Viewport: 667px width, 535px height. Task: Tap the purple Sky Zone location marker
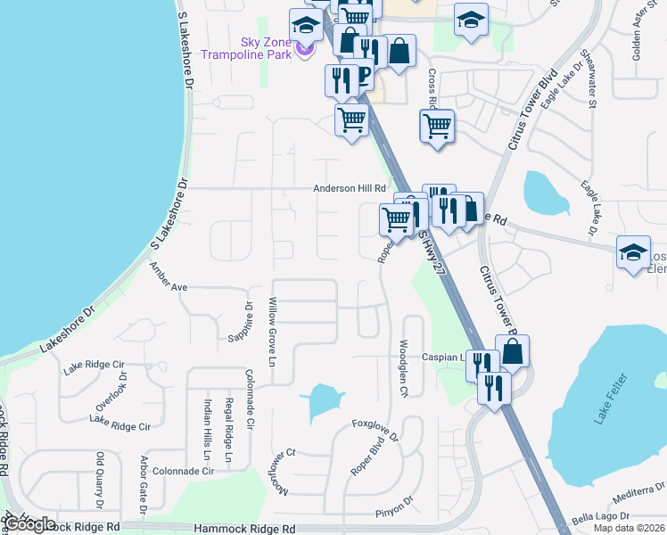click(x=305, y=48)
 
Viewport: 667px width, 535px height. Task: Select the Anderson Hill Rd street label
click(x=349, y=188)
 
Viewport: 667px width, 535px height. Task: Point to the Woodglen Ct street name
click(x=403, y=367)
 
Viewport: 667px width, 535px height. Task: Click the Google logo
click(x=30, y=524)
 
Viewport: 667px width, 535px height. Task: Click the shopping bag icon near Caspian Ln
click(x=513, y=353)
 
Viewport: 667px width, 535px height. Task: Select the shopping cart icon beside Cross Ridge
click(x=437, y=127)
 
